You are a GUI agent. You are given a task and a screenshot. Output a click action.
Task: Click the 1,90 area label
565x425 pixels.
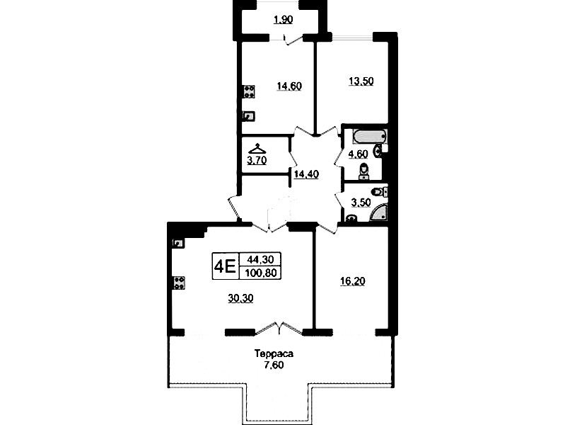(284, 20)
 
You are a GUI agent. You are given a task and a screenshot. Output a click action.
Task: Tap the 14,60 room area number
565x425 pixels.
(289, 86)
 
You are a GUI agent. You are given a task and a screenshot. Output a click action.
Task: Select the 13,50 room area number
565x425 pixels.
(361, 81)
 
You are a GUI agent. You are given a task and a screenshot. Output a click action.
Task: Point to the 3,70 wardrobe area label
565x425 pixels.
(257, 160)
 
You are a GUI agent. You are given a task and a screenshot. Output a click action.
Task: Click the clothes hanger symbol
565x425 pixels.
(257, 149)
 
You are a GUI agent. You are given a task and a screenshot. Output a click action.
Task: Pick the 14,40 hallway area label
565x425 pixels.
(306, 174)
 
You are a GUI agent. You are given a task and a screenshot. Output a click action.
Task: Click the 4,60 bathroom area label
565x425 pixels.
(358, 154)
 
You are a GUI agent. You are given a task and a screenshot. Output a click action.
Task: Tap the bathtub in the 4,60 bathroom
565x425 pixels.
(369, 136)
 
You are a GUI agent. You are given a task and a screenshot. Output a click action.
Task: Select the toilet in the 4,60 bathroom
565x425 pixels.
(364, 171)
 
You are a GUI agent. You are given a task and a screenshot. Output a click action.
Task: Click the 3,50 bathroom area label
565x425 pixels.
(361, 203)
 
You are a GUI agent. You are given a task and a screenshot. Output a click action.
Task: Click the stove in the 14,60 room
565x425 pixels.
(249, 91)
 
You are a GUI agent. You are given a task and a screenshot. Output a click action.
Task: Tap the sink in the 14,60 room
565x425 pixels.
(249, 116)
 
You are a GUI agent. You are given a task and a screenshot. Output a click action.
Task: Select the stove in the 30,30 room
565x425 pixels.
(179, 283)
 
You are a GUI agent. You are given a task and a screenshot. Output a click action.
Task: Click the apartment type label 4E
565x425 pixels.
(225, 266)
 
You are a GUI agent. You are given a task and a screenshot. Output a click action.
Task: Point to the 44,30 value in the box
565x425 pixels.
(260, 259)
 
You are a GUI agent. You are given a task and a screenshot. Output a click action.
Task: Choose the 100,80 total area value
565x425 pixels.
(261, 273)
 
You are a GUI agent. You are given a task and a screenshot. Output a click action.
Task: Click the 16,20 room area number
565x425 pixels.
(353, 281)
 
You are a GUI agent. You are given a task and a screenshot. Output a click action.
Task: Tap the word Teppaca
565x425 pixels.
(274, 353)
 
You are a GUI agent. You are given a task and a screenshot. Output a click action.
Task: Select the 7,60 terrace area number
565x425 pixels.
(274, 365)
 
